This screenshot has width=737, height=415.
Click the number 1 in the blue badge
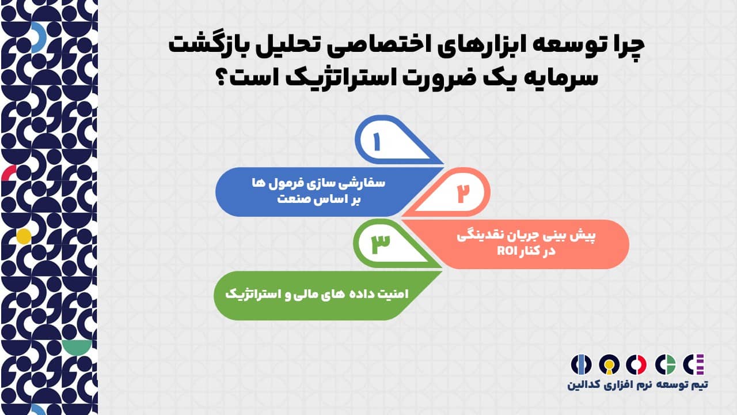coord(377,142)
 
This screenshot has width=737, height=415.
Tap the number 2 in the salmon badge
coord(462,193)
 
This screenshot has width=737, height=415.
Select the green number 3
coord(381,244)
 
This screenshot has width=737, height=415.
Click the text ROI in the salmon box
coord(507,251)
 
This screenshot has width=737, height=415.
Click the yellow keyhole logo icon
coord(609,365)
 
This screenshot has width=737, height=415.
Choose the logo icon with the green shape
coord(665,365)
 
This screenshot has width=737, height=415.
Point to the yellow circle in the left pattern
coord(24,236)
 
